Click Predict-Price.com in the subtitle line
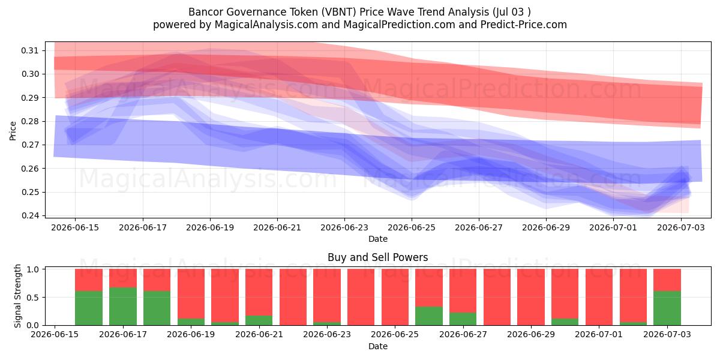tap(524, 25)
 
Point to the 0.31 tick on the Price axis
tap(29, 50)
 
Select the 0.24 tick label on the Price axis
tap(29, 215)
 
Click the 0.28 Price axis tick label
tap(29, 121)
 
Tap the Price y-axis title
tap(13, 131)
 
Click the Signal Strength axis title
tap(17, 296)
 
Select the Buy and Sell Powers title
tap(377, 257)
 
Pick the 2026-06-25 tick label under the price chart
tap(412, 227)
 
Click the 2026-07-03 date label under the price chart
tap(681, 227)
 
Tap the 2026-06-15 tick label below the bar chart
tap(55, 334)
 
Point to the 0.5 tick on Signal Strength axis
tap(33, 298)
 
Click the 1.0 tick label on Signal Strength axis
tap(33, 269)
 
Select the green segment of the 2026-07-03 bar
tap(667, 308)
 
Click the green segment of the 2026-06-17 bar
tap(123, 307)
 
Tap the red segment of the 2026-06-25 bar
tap(395, 297)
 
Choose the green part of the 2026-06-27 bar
tap(463, 319)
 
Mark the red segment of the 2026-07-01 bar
tap(599, 297)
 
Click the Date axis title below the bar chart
tap(377, 346)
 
